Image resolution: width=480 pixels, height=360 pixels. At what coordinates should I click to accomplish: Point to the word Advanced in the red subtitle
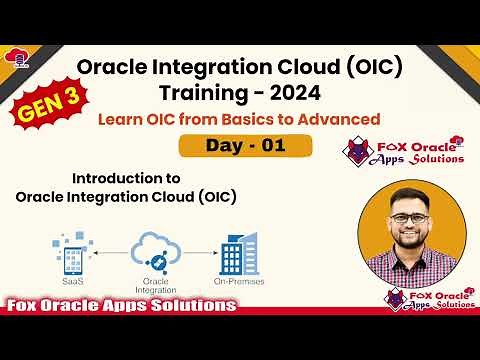[x=343, y=119]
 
